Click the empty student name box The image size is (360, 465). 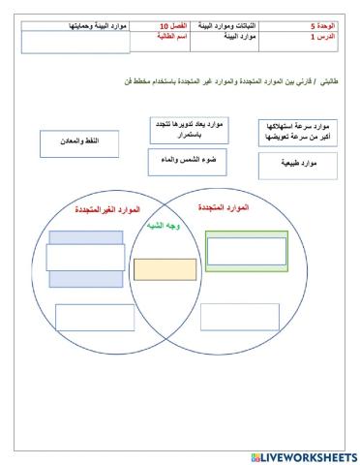[x=61, y=42]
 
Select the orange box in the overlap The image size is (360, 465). [x=165, y=268]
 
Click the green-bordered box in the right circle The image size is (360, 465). [x=246, y=251]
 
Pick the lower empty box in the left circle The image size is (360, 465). [x=94, y=317]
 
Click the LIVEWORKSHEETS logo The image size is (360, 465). [x=304, y=456]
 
